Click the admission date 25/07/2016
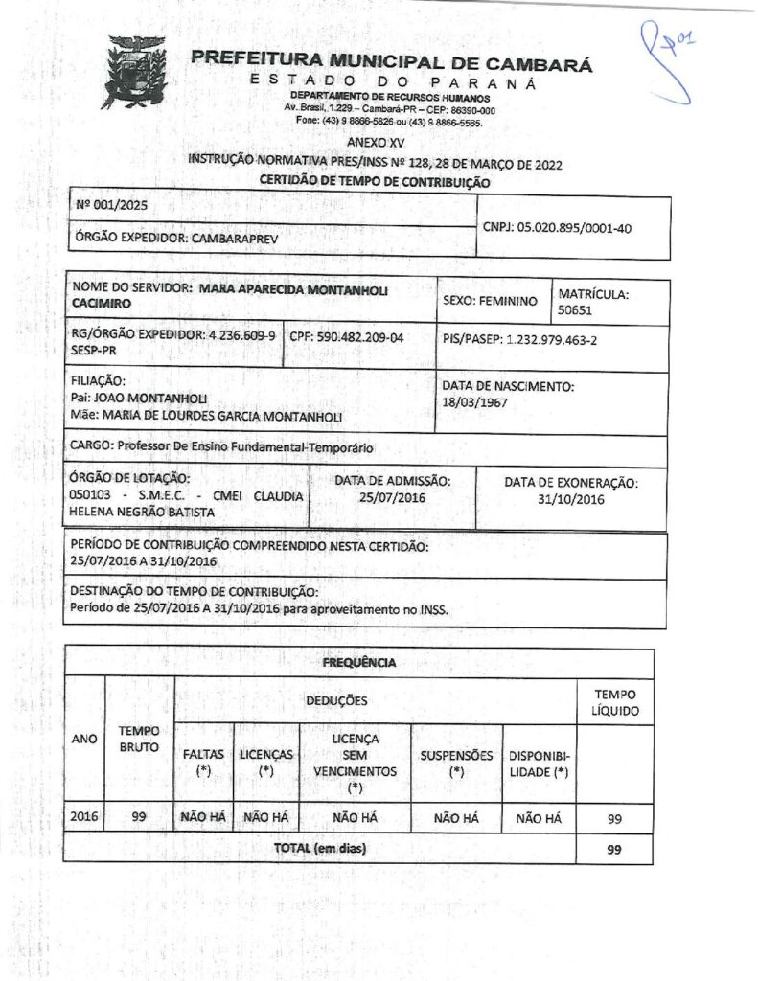coord(392,498)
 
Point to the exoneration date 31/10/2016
coord(571,499)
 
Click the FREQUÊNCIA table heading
coord(358,662)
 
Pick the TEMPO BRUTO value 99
coord(139,817)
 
